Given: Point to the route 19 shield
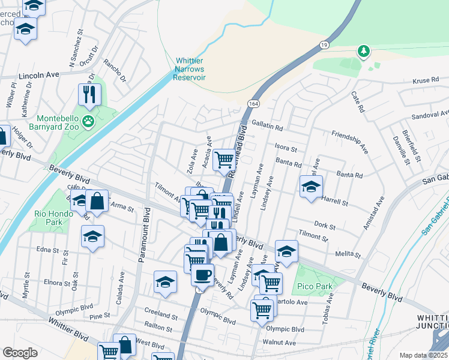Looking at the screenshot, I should (324, 44).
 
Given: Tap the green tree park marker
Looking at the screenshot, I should (363, 52).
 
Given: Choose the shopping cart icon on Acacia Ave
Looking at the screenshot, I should (224, 160).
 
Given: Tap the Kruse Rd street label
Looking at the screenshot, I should (427, 81).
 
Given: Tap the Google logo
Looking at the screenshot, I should (20, 353).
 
